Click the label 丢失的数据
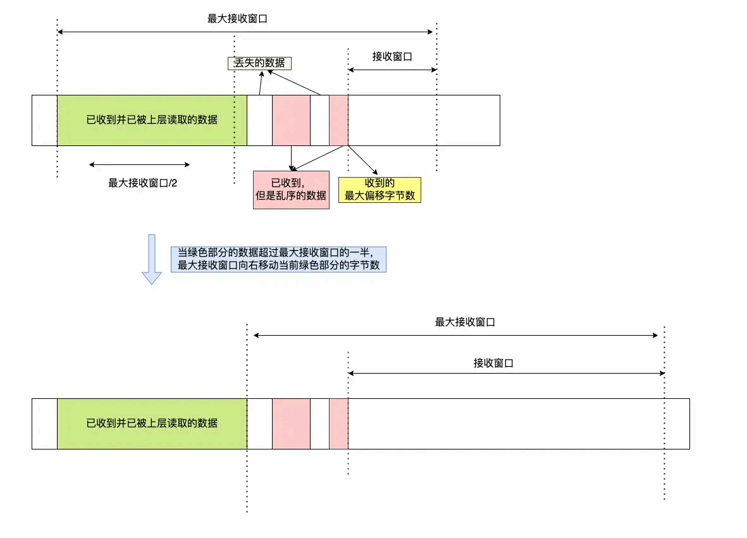click(x=259, y=63)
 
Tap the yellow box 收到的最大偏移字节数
click(x=380, y=189)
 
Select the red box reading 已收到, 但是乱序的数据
click(x=291, y=190)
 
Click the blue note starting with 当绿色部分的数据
click(x=278, y=259)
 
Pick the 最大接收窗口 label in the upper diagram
click(x=237, y=19)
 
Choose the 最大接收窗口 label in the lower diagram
click(x=465, y=322)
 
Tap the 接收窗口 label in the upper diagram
click(x=392, y=56)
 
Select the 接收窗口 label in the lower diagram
click(x=493, y=363)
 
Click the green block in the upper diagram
click(x=152, y=120)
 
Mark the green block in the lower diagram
click(x=152, y=424)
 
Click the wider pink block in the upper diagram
click(x=291, y=120)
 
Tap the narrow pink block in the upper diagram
click(x=338, y=120)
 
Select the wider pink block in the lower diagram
click(x=291, y=424)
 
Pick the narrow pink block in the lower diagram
click(x=338, y=424)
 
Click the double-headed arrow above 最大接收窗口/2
click(x=139, y=164)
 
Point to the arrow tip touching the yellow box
click(x=377, y=173)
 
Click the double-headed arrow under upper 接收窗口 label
click(x=392, y=70)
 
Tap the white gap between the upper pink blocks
click(x=319, y=120)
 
